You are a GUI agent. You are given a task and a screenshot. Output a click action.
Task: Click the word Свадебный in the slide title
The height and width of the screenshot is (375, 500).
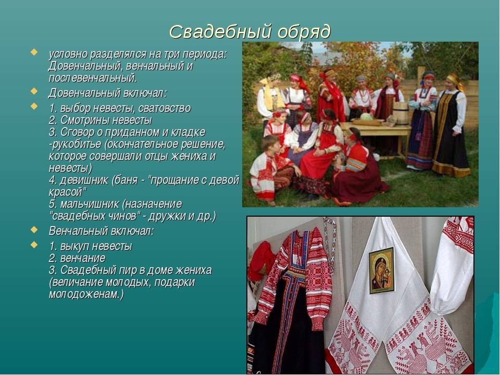(220, 32)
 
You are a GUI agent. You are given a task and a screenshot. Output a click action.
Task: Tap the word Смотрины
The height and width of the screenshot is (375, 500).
(84, 120)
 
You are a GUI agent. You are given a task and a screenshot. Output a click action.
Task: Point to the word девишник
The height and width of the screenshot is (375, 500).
(84, 180)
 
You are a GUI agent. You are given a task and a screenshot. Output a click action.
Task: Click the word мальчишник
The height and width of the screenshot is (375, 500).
(90, 204)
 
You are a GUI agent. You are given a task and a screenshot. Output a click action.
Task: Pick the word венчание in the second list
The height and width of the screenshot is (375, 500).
(83, 258)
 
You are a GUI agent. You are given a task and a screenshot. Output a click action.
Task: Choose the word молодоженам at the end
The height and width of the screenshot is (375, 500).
(84, 294)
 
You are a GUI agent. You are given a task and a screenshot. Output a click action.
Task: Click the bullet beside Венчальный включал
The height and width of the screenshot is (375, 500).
(34, 230)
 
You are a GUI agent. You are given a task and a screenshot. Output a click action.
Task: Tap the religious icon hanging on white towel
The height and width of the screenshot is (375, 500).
(382, 270)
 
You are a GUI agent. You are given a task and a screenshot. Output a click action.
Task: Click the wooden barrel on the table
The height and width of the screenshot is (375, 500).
(401, 113)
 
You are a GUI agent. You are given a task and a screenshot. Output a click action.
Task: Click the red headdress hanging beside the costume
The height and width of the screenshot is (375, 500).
(261, 261)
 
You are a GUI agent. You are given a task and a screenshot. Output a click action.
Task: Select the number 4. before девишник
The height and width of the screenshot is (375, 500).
(53, 180)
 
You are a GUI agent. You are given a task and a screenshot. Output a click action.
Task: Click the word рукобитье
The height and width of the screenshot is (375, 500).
(76, 144)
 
